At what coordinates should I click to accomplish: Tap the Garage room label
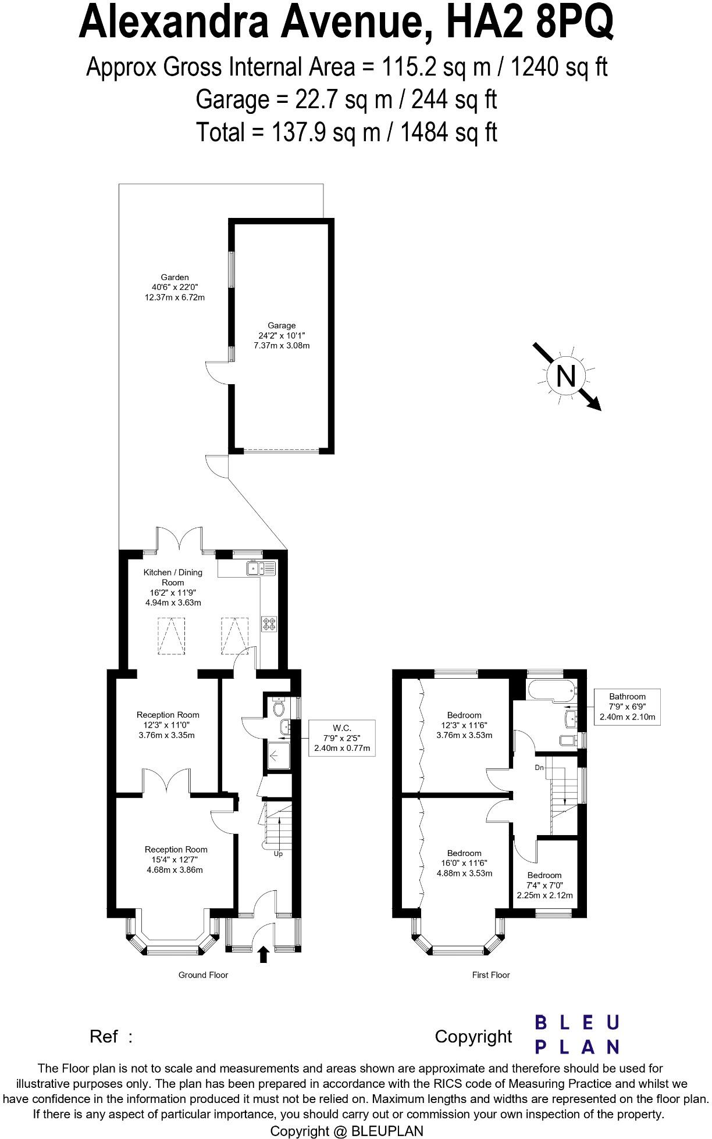pyautogui.click(x=282, y=325)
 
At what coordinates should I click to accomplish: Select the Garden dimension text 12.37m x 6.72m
pyautogui.click(x=175, y=298)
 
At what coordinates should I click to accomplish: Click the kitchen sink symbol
pyautogui.click(x=261, y=568)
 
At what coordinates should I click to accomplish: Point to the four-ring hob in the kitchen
pyautogui.click(x=269, y=624)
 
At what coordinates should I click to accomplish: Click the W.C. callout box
pyautogui.click(x=341, y=737)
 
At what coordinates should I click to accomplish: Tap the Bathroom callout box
pyautogui.click(x=627, y=706)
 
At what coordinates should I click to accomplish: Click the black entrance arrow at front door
pyautogui.click(x=263, y=954)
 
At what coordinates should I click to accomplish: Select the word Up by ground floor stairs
pyautogui.click(x=278, y=854)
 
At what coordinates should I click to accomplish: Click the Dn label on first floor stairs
pyautogui.click(x=539, y=768)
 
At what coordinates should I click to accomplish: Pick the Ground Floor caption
pyautogui.click(x=203, y=975)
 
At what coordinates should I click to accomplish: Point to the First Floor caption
pyautogui.click(x=490, y=975)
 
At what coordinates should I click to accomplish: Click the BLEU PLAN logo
pyautogui.click(x=576, y=1034)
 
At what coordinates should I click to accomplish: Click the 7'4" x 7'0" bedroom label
pyautogui.click(x=544, y=885)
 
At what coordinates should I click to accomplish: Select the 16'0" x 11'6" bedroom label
pyautogui.click(x=464, y=863)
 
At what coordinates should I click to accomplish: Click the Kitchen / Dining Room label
pyautogui.click(x=173, y=577)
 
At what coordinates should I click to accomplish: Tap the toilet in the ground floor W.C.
pyautogui.click(x=279, y=708)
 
